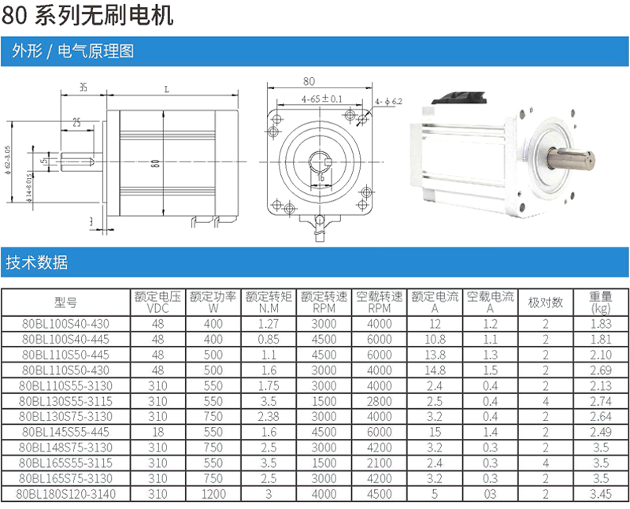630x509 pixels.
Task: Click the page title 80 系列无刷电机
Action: click(x=87, y=15)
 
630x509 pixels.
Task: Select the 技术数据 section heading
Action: click(x=36, y=262)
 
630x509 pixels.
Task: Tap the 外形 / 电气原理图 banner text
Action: click(x=72, y=51)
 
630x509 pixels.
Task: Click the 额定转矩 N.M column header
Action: click(x=269, y=303)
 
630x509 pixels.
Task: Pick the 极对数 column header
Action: click(x=545, y=303)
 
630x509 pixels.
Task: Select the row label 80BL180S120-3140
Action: click(x=66, y=494)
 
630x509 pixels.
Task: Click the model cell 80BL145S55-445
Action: click(x=65, y=432)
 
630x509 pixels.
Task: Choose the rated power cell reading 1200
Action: click(x=213, y=494)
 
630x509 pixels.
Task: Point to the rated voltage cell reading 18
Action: click(x=158, y=432)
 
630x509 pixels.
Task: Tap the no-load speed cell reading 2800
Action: click(x=380, y=401)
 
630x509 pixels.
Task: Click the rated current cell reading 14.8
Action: click(x=435, y=370)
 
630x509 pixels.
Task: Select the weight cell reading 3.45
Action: click(x=601, y=494)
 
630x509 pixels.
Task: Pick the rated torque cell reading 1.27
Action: click(x=269, y=324)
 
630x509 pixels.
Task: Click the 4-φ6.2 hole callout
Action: click(x=388, y=102)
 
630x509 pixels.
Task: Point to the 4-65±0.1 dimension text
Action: click(x=322, y=98)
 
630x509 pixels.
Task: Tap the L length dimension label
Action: click(x=167, y=89)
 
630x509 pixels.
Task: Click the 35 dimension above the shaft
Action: click(x=83, y=87)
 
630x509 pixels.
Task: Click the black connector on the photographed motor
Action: click(x=460, y=98)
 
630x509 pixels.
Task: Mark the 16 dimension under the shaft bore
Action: click(x=321, y=177)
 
